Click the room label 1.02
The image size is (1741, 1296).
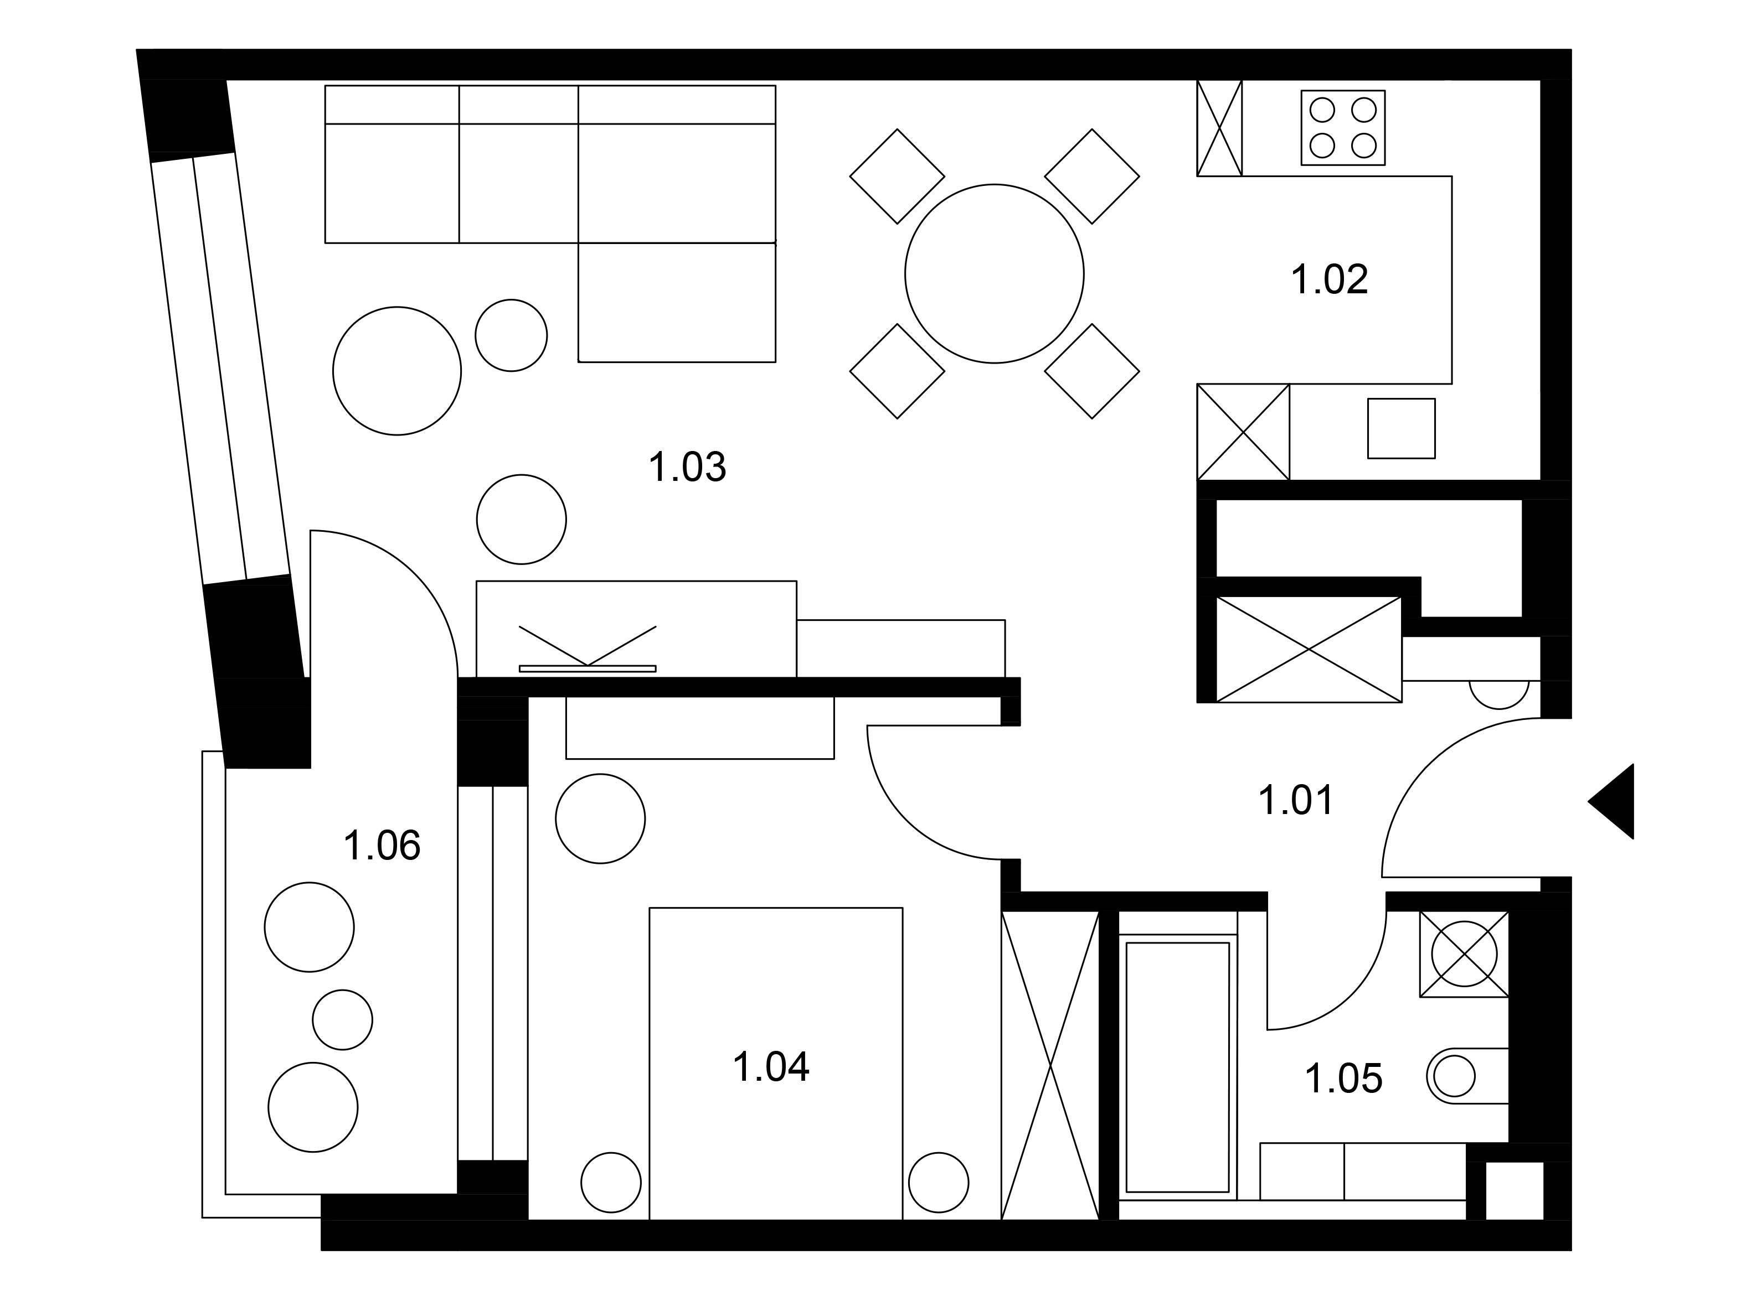click(x=1329, y=280)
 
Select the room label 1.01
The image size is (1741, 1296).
click(x=1296, y=801)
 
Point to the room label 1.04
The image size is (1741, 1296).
click(x=771, y=1067)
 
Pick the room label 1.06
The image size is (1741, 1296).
click(x=382, y=846)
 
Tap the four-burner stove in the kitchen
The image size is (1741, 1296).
click(x=1343, y=128)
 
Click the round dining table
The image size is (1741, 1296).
click(x=994, y=274)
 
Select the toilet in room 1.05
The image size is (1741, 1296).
click(x=1466, y=1076)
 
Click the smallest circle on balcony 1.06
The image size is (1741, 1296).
click(x=342, y=1020)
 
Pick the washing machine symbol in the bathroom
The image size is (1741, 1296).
click(x=1464, y=954)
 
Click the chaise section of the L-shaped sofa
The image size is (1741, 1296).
click(x=677, y=302)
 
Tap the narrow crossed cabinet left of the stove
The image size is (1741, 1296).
click(x=1219, y=128)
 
